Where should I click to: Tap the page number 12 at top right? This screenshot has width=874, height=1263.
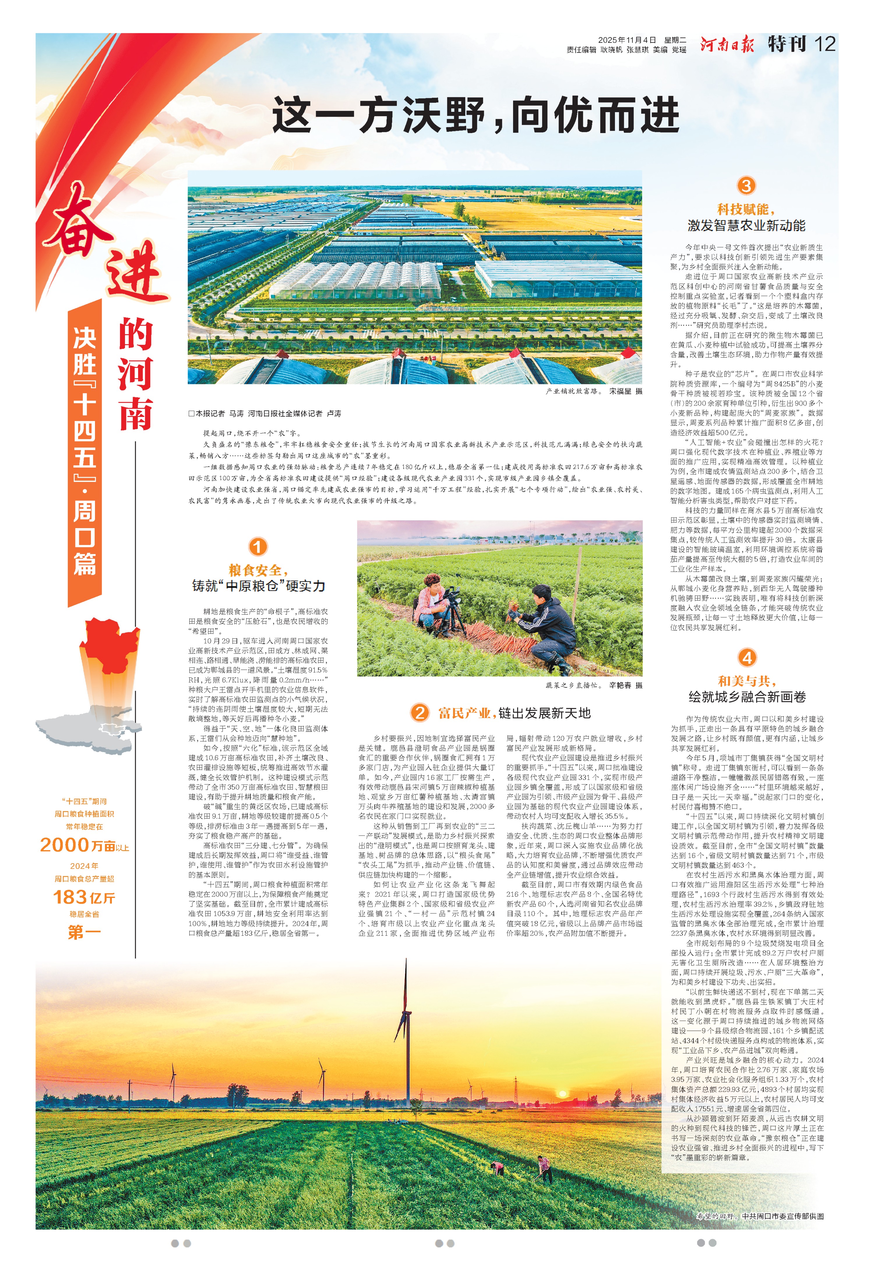(825, 44)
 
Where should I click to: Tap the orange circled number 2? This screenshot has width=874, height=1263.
(420, 712)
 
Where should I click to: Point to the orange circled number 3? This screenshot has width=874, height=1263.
(746, 185)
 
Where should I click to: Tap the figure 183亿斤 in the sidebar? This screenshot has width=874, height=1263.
(84, 897)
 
